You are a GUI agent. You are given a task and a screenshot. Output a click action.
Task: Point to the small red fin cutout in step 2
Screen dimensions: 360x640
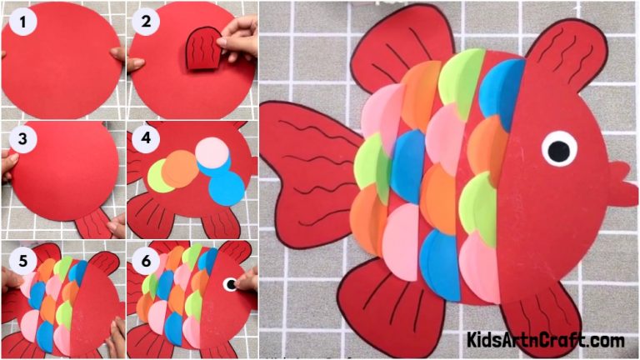pyautogui.click(x=201, y=48)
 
